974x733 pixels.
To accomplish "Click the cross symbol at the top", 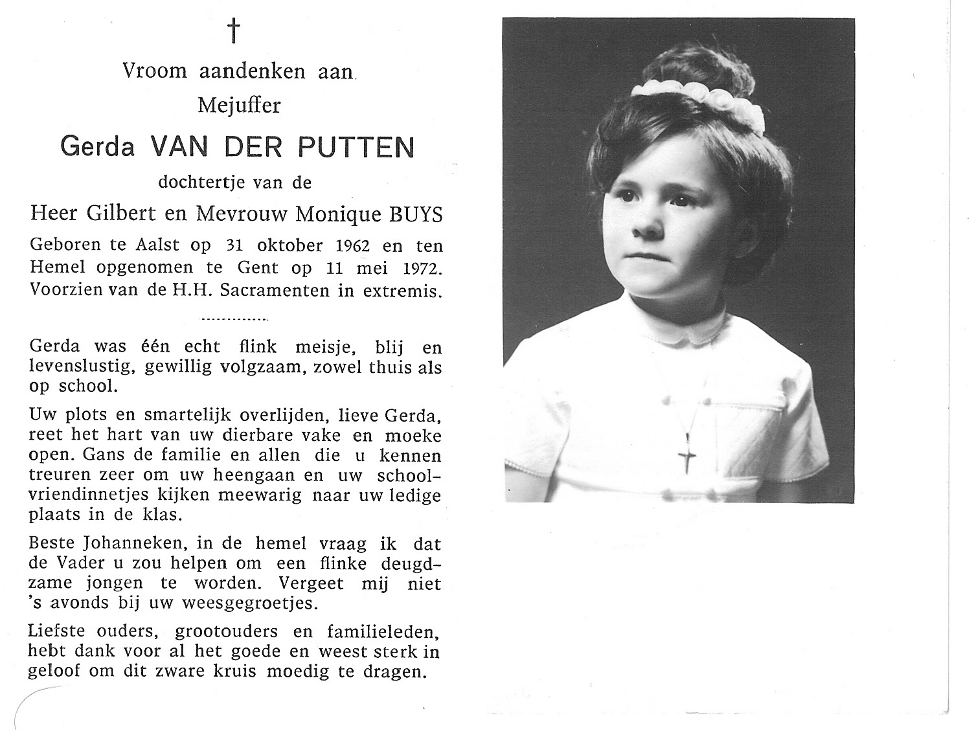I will click(x=234, y=30).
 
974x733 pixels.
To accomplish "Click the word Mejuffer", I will click(x=240, y=105).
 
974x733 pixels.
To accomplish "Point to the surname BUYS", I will click(x=416, y=215).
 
